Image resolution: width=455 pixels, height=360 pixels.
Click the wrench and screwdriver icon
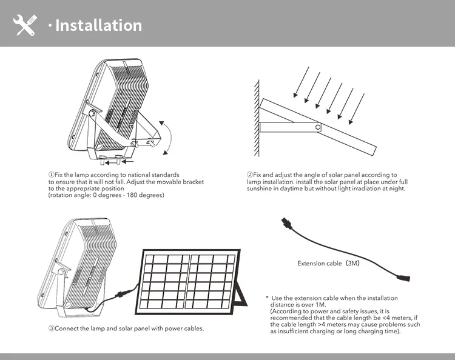(x=25, y=25)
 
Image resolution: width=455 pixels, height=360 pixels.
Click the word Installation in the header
(x=98, y=25)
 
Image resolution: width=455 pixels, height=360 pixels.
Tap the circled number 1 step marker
(x=51, y=175)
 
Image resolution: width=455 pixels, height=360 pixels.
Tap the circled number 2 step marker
(x=250, y=175)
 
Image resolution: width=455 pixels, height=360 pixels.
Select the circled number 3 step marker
(x=51, y=328)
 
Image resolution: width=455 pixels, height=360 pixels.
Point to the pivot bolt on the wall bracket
(x=318, y=127)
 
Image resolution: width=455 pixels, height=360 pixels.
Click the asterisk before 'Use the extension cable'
(x=266, y=298)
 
